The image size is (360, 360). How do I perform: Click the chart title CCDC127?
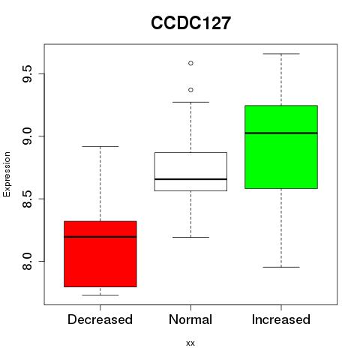point(190,23)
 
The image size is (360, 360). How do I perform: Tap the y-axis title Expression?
point(7,174)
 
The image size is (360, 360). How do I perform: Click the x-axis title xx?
point(190,343)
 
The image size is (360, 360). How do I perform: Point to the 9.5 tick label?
point(27,73)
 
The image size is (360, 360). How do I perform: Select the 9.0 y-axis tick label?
point(27,136)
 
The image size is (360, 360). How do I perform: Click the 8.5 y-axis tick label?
point(27,199)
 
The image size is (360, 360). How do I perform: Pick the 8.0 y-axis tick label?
point(27,261)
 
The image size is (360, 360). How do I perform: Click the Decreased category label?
point(100,319)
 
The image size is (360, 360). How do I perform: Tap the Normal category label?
point(190,319)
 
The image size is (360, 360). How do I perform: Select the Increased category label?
point(281,319)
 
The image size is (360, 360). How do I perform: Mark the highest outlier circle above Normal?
point(190,63)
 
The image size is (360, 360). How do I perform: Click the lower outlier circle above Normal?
point(190,90)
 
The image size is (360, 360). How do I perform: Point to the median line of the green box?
point(281,133)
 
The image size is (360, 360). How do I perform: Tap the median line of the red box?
point(100,237)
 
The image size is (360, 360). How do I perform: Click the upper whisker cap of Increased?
point(281,54)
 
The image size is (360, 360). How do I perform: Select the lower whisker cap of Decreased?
point(100,295)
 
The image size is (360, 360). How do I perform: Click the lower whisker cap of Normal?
point(190,237)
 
